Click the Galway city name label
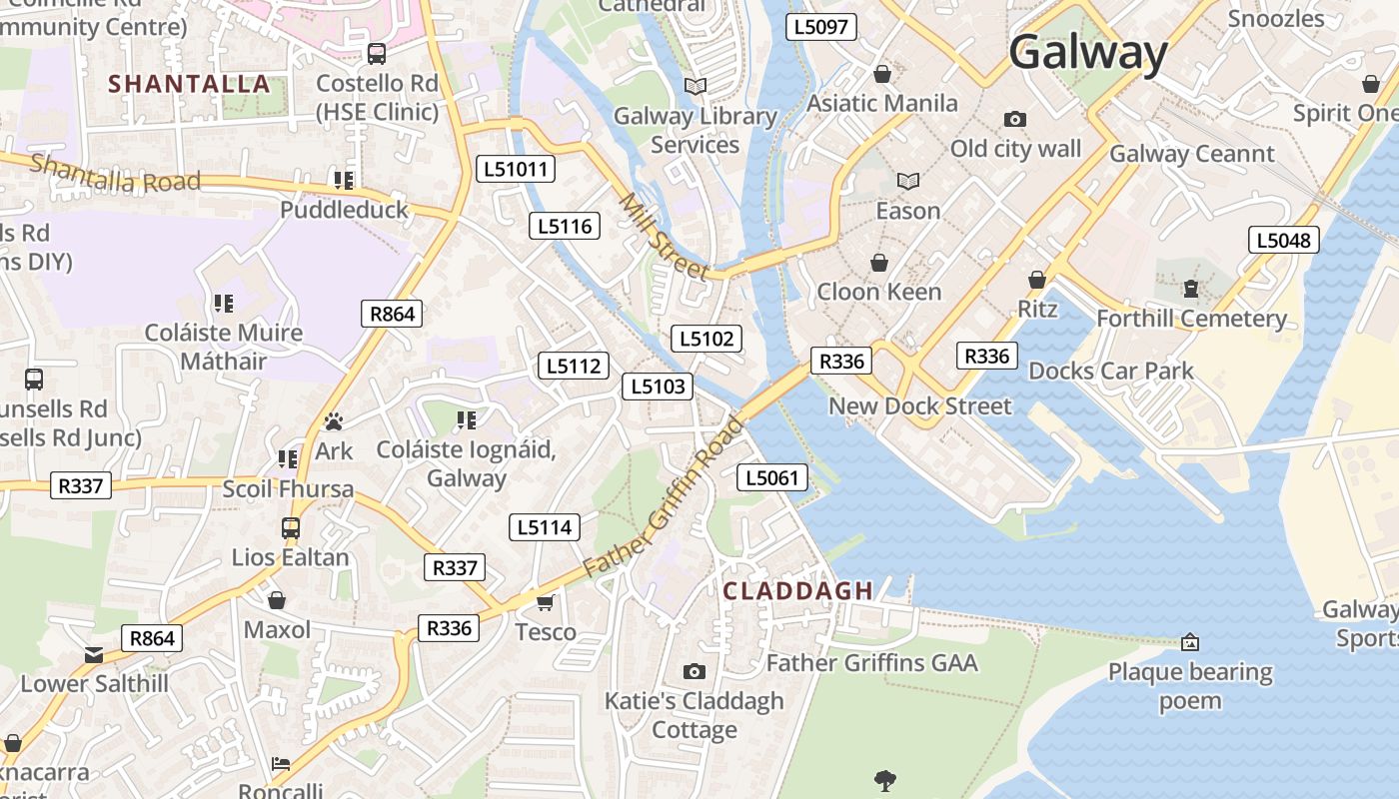tap(1088, 52)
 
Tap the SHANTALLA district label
tap(190, 84)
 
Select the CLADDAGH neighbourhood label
tap(798, 590)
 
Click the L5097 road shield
tap(821, 27)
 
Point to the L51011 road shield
tap(517, 169)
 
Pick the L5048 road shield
tap(1284, 240)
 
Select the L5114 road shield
tap(545, 526)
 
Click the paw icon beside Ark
tap(334, 422)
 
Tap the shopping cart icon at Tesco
tap(546, 602)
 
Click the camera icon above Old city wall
tap(1015, 120)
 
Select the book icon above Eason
tap(908, 182)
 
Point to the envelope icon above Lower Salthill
tap(94, 655)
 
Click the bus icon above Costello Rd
tap(377, 54)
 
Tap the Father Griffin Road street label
tap(664, 496)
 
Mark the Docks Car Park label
tap(1111, 372)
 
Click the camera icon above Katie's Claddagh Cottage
tap(695, 672)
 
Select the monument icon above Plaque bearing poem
tap(1190, 642)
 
